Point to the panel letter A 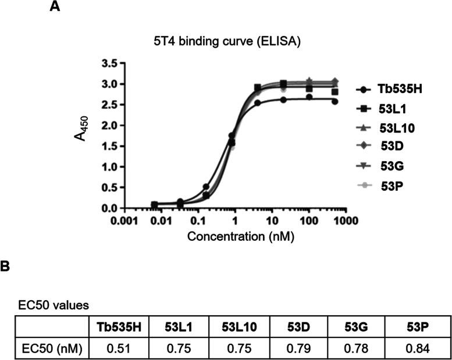click(55, 6)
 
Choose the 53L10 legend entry click(387, 128)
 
